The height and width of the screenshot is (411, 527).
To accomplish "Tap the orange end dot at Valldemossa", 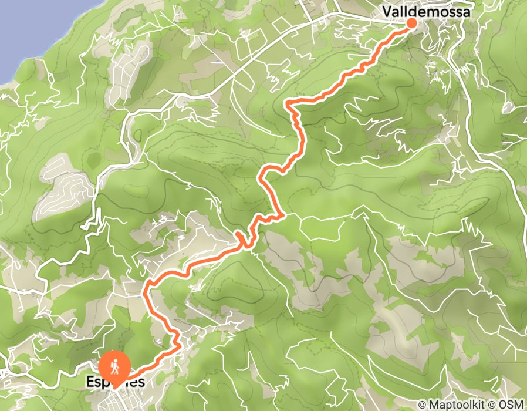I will [x=411, y=23].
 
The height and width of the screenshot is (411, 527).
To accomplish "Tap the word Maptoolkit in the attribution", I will [x=452, y=405].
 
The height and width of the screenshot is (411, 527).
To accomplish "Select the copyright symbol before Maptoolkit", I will [x=422, y=405].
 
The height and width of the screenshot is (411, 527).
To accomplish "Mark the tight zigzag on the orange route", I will [x=242, y=238].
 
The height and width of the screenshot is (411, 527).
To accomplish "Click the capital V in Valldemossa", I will [x=387, y=11].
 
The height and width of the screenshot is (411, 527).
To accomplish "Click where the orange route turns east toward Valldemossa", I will [x=289, y=104].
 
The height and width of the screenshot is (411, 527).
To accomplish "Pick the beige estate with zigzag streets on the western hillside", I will [x=65, y=191].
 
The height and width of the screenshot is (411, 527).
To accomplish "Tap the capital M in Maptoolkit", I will [x=432, y=405].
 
